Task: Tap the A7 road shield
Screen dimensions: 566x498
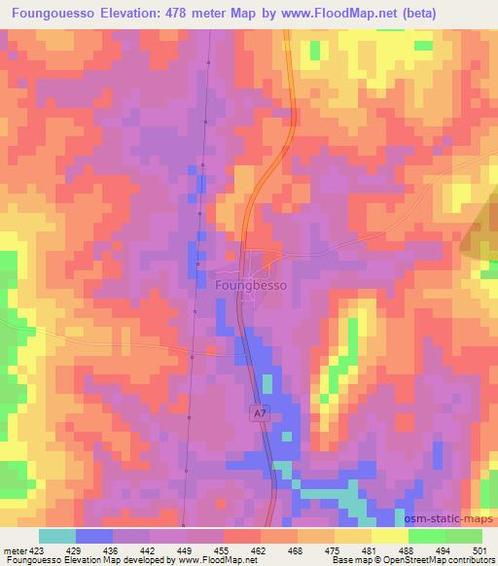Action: [x=259, y=414]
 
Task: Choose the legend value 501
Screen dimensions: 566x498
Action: [x=478, y=549]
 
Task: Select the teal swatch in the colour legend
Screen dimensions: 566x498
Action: [x=56, y=536]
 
